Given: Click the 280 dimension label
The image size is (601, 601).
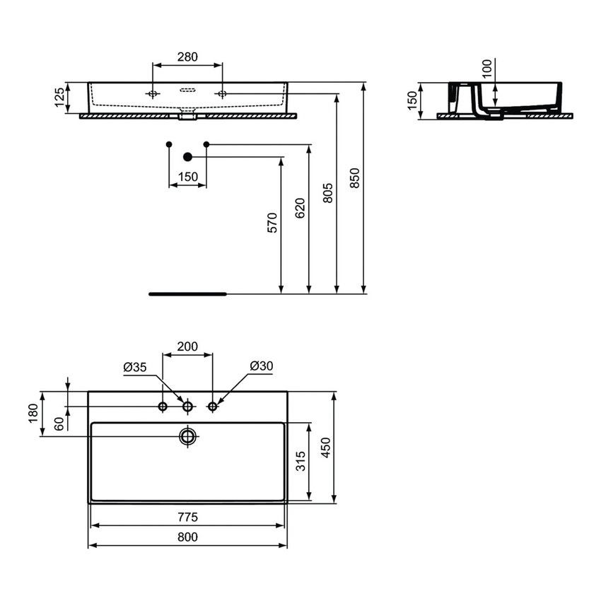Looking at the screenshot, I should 187,57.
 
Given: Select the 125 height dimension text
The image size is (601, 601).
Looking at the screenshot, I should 60,98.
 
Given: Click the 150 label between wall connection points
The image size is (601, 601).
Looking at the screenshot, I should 187,177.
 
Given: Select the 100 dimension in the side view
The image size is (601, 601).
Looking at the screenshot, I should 486,69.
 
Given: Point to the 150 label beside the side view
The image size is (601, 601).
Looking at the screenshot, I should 412,100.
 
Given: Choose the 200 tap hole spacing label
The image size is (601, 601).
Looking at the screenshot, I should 187,347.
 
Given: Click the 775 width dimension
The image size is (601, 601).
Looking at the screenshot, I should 187,517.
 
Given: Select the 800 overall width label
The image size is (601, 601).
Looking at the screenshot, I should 187,537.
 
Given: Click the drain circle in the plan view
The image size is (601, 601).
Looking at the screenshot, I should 187,436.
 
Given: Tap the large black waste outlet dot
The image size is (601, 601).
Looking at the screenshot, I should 187,156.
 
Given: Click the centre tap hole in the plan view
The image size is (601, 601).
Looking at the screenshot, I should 187,406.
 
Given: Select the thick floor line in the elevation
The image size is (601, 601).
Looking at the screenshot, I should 187,292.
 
